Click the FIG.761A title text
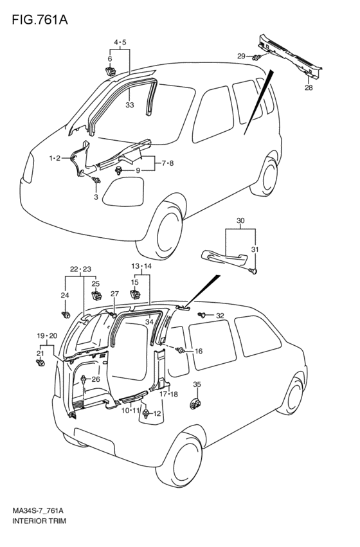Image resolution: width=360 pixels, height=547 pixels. coord(40,20)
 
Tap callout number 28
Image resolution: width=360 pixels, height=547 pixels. coord(309,87)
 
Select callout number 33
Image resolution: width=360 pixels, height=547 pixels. coord(129,105)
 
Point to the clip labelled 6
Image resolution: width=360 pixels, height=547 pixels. coord(110,71)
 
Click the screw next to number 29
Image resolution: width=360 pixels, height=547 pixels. coord(257,57)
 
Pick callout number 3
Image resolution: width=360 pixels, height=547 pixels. coord(96,197)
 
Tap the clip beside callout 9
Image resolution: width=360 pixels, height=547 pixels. coord(119,170)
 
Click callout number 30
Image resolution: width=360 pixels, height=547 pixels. coord(240,220)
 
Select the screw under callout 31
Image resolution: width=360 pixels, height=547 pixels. coord(253,271)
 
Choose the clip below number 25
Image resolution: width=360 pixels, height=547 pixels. coord(96,296)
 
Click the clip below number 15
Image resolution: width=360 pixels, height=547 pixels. coord(135,294)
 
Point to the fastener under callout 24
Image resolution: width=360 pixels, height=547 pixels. coord(65,315)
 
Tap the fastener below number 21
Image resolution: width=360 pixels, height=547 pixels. coord(40,363)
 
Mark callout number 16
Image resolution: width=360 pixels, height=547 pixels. coord(198,352)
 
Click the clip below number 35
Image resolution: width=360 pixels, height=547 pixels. coord(195,404)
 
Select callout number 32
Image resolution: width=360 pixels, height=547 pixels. coord(220,316)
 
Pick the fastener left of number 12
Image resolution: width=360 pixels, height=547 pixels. coord(145,414)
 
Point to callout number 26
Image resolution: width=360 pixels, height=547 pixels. coord(96,379)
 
